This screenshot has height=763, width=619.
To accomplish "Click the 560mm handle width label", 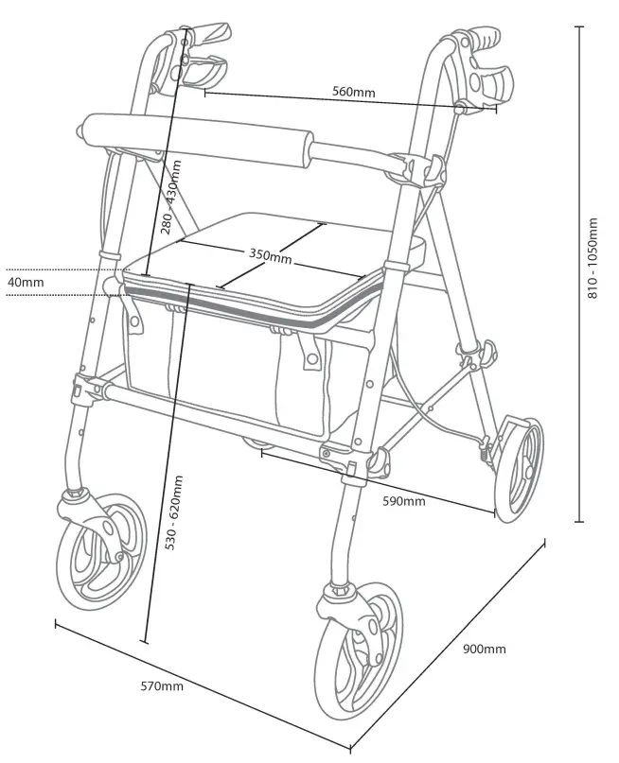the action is pyautogui.click(x=353, y=92).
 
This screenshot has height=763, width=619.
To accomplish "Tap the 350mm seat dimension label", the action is pyautogui.click(x=271, y=255).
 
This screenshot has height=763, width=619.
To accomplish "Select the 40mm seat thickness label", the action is pyautogui.click(x=26, y=282).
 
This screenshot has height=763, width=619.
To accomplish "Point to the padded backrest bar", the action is pyautogui.click(x=199, y=135).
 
